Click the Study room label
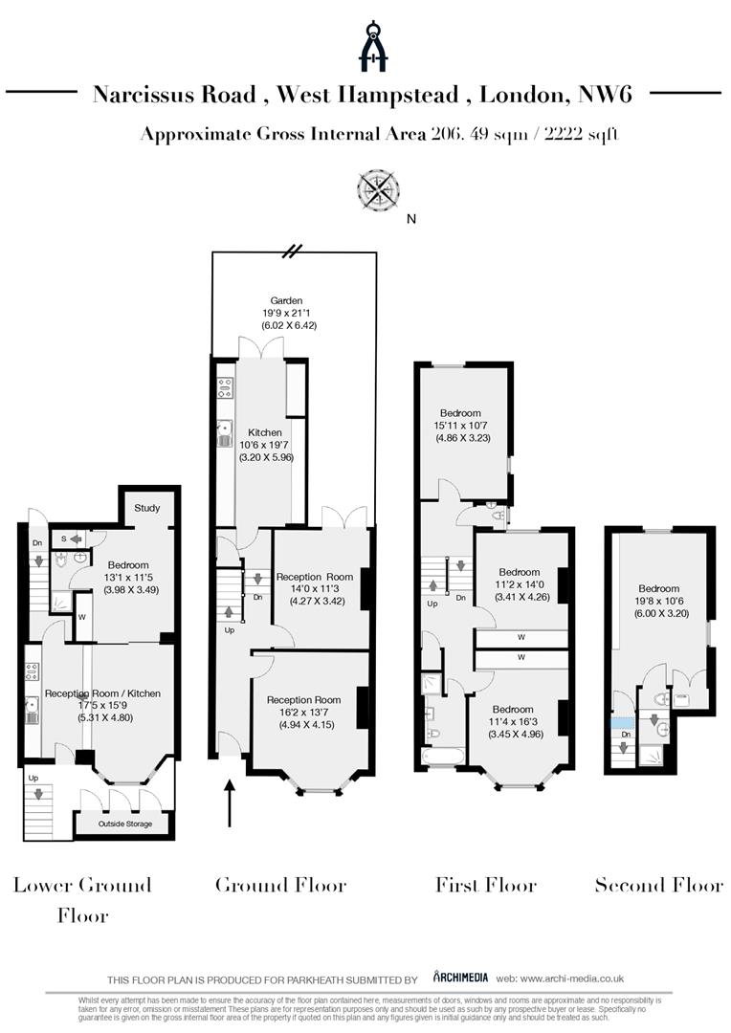[x=146, y=508]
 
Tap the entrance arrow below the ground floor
[x=229, y=802]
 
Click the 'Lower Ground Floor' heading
[x=82, y=899]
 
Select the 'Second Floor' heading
[x=659, y=885]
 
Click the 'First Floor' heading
[x=486, y=885]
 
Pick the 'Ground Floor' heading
[x=280, y=885]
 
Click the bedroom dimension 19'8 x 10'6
[x=659, y=601]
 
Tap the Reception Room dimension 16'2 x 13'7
[x=303, y=712]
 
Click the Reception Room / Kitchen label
[x=102, y=693]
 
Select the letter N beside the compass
[x=411, y=219]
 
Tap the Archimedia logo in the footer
[x=460, y=977]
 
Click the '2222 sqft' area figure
[x=581, y=134]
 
